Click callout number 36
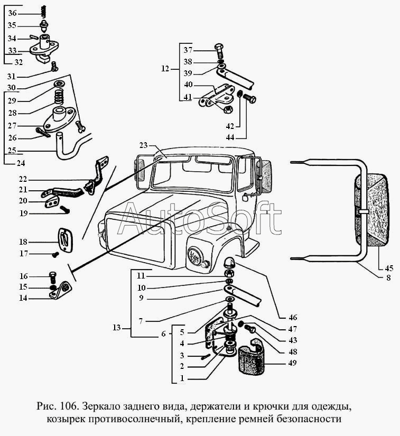13,13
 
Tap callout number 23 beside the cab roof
143,145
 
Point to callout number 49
292,363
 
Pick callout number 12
165,69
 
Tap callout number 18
23,242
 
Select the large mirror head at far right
374,210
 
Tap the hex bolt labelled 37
220,51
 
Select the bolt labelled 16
52,276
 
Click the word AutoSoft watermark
199,220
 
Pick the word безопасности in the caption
309,420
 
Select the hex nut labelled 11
230,274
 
